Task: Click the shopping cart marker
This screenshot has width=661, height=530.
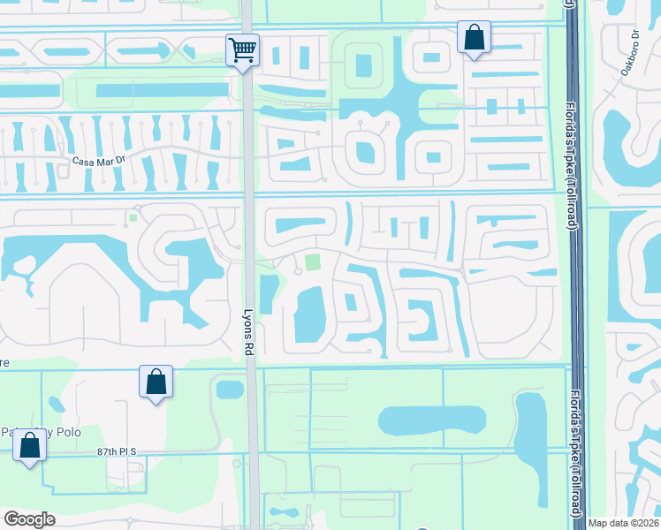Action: [x=242, y=49]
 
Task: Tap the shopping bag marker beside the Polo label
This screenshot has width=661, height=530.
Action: [x=30, y=446]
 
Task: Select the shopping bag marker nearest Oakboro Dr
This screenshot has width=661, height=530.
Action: [x=475, y=39]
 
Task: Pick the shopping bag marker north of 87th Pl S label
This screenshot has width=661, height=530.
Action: [x=156, y=384]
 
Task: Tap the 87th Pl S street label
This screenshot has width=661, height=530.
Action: [x=119, y=451]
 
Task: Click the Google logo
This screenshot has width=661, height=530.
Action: [x=29, y=519]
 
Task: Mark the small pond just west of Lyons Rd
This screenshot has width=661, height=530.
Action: [x=229, y=389]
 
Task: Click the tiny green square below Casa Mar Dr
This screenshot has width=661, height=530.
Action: [x=133, y=217]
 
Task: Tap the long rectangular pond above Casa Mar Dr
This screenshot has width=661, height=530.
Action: [x=161, y=90]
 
